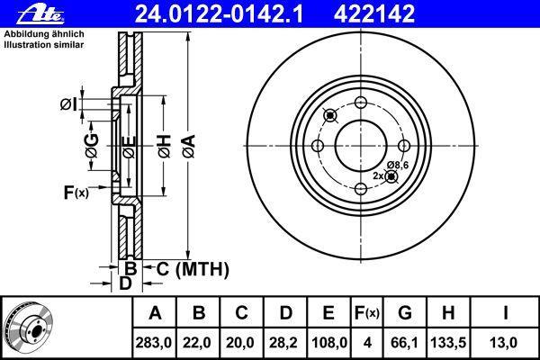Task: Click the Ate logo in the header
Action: click(40, 14)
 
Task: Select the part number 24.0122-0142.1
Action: click(219, 14)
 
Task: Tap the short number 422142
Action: click(374, 14)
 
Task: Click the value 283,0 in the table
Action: click(154, 343)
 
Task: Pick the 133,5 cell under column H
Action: click(448, 343)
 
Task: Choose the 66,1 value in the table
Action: click(404, 343)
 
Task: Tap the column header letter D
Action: click(285, 313)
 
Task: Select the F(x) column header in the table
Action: click(367, 313)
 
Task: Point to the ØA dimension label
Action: click(189, 147)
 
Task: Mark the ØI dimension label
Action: click(69, 104)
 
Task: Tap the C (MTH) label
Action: click(193, 269)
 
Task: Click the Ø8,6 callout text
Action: click(398, 166)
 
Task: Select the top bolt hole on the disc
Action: click(361, 103)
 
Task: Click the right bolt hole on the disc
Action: click(404, 146)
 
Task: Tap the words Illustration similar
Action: click(44, 45)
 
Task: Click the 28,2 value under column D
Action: click(283, 343)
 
